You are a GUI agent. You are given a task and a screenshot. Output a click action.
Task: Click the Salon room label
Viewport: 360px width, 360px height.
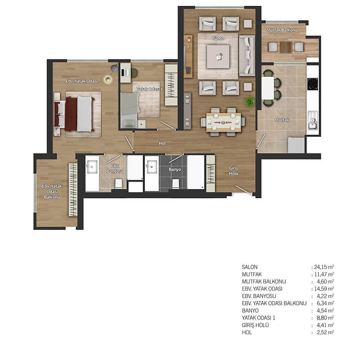click(218, 38)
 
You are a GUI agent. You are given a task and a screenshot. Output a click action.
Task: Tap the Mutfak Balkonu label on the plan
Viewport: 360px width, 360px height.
click(282, 30)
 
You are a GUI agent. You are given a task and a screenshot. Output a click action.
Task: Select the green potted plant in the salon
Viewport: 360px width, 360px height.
click(250, 102)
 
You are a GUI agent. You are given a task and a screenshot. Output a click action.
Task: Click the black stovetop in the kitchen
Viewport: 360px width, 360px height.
click(313, 84)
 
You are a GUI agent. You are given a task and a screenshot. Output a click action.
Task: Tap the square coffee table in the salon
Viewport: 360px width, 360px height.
click(218, 57)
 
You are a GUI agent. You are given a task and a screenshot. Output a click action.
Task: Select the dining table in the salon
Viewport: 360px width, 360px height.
click(224, 122)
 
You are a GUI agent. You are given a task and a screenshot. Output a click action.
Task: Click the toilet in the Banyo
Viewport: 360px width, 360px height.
click(175, 184)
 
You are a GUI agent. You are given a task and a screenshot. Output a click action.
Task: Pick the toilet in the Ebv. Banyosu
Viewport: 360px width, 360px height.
click(118, 184)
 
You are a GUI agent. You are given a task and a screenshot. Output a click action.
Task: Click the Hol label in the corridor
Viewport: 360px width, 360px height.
click(162, 143)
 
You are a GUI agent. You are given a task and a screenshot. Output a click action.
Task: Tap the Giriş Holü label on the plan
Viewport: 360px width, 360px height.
click(233, 171)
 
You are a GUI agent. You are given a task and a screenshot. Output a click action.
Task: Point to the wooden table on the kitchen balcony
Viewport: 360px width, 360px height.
click(286, 47)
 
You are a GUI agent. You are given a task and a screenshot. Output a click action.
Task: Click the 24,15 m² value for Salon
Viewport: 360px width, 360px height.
click(324, 267)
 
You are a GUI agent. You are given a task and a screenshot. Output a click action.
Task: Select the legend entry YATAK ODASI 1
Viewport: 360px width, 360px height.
click(258, 318)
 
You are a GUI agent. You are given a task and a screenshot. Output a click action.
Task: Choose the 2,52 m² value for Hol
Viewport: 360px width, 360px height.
click(325, 333)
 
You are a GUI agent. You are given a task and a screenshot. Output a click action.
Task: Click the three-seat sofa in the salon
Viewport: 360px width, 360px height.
click(247, 56)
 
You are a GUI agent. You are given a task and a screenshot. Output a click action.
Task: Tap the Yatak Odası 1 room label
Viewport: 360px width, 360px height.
click(149, 89)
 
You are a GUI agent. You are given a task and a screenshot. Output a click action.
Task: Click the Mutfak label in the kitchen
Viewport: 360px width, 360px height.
click(282, 120)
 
